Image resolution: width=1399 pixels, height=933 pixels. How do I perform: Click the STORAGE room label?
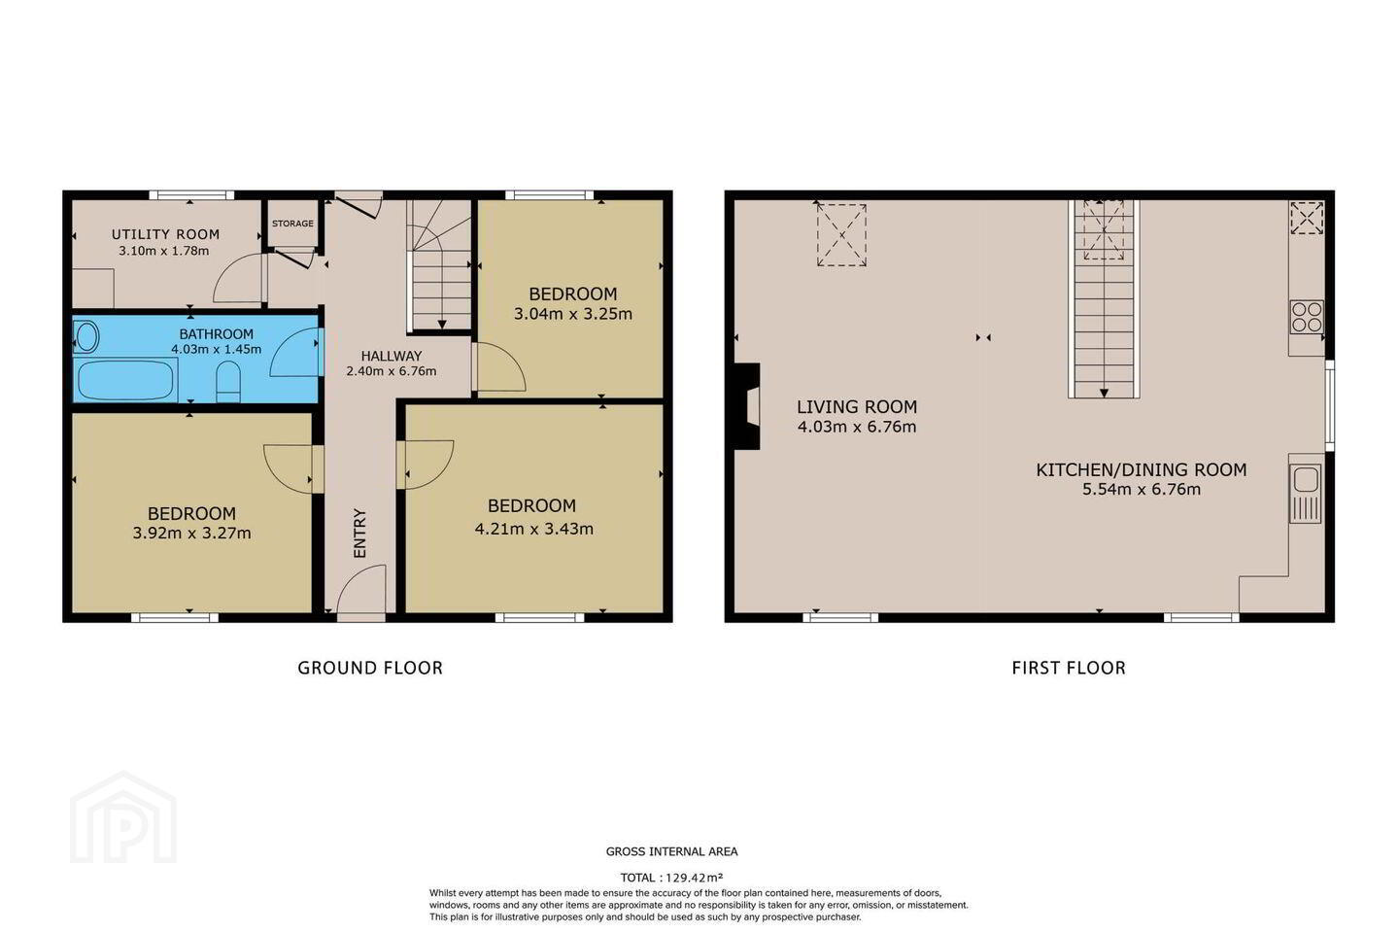[x=292, y=224]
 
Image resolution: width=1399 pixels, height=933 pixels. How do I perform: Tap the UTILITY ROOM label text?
[x=165, y=234]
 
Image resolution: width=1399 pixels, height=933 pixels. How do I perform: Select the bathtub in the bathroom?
[x=125, y=379]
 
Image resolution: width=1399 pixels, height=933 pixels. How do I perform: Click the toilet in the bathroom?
[x=228, y=382]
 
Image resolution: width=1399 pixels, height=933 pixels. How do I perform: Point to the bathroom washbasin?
[x=86, y=337]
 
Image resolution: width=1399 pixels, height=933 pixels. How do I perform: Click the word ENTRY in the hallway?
[x=359, y=533]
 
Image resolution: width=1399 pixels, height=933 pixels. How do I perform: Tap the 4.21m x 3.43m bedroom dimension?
[x=534, y=529]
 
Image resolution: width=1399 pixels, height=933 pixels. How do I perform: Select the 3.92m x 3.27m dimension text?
[x=191, y=533]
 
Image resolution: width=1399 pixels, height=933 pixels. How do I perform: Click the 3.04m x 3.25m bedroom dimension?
[x=573, y=313]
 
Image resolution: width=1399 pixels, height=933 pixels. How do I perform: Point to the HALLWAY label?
[x=391, y=356]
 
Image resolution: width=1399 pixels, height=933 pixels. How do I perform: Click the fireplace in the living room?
[x=747, y=406]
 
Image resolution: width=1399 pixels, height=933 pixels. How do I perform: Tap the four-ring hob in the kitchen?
[x=1307, y=317]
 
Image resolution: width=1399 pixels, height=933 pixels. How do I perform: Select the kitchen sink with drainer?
[x=1306, y=493]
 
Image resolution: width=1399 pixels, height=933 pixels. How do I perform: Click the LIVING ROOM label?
[x=857, y=407]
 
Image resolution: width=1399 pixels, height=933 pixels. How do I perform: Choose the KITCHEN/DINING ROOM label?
[x=1141, y=470]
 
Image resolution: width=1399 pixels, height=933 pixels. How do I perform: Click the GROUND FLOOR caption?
[x=370, y=668]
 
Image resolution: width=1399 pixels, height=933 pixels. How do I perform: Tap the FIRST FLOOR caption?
[x=1069, y=668]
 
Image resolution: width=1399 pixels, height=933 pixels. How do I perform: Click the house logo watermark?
[x=123, y=817]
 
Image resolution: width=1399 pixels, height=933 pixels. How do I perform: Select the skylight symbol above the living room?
[x=841, y=234]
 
